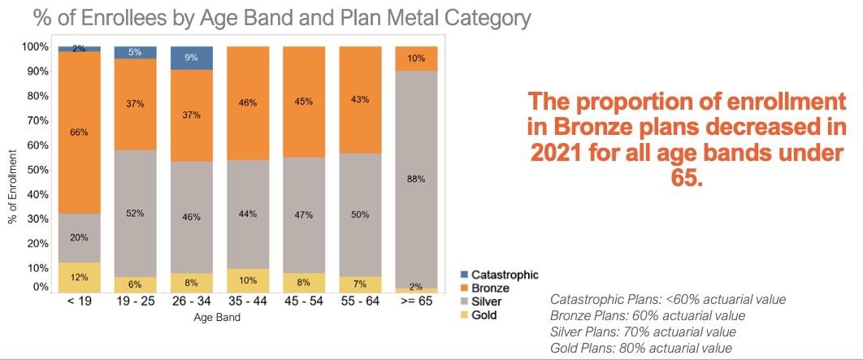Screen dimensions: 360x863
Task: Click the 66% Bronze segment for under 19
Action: [x=79, y=132]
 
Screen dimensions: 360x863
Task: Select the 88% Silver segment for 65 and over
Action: [x=415, y=179]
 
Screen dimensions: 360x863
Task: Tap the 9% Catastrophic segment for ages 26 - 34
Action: [x=192, y=58]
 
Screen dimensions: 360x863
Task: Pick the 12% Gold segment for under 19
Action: [x=79, y=277]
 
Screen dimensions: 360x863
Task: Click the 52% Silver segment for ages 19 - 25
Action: [x=135, y=214]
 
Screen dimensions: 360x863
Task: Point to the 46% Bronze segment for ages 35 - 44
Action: [x=248, y=103]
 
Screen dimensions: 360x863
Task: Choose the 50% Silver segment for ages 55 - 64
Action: [x=359, y=214]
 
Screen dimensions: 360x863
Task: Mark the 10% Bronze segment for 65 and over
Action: [x=415, y=59]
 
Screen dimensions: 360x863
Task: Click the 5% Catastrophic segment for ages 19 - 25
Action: [x=135, y=52]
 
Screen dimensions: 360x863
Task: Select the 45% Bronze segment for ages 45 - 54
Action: [x=303, y=102]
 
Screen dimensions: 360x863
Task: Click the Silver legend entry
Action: [x=491, y=301]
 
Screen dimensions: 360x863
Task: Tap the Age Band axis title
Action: [x=217, y=318]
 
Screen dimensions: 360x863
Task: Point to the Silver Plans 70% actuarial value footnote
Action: [x=643, y=332]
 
